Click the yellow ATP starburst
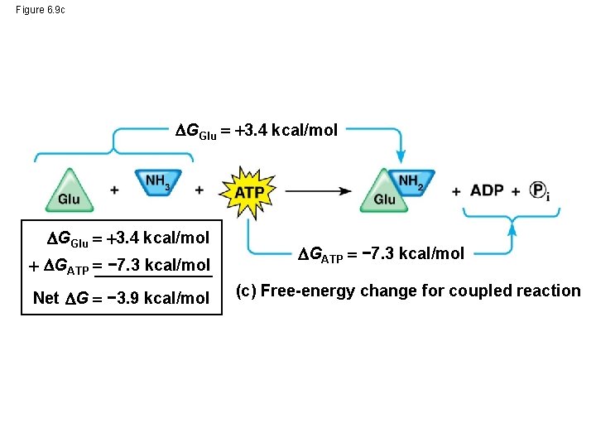pyautogui.click(x=248, y=191)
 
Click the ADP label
pyautogui.click(x=487, y=190)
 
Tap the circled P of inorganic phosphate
pyautogui.click(x=538, y=190)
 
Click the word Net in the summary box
pyautogui.click(x=46, y=298)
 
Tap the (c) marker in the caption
pyautogui.click(x=246, y=291)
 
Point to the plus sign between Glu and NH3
pyautogui.click(x=114, y=190)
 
